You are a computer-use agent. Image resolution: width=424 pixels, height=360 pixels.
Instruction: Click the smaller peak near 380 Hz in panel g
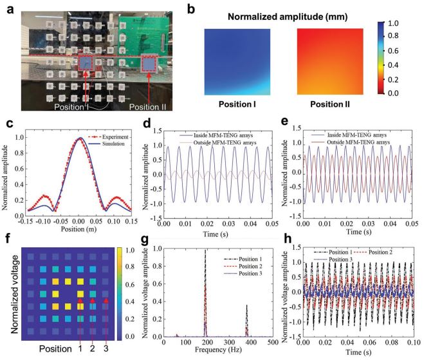pos(246,306)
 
